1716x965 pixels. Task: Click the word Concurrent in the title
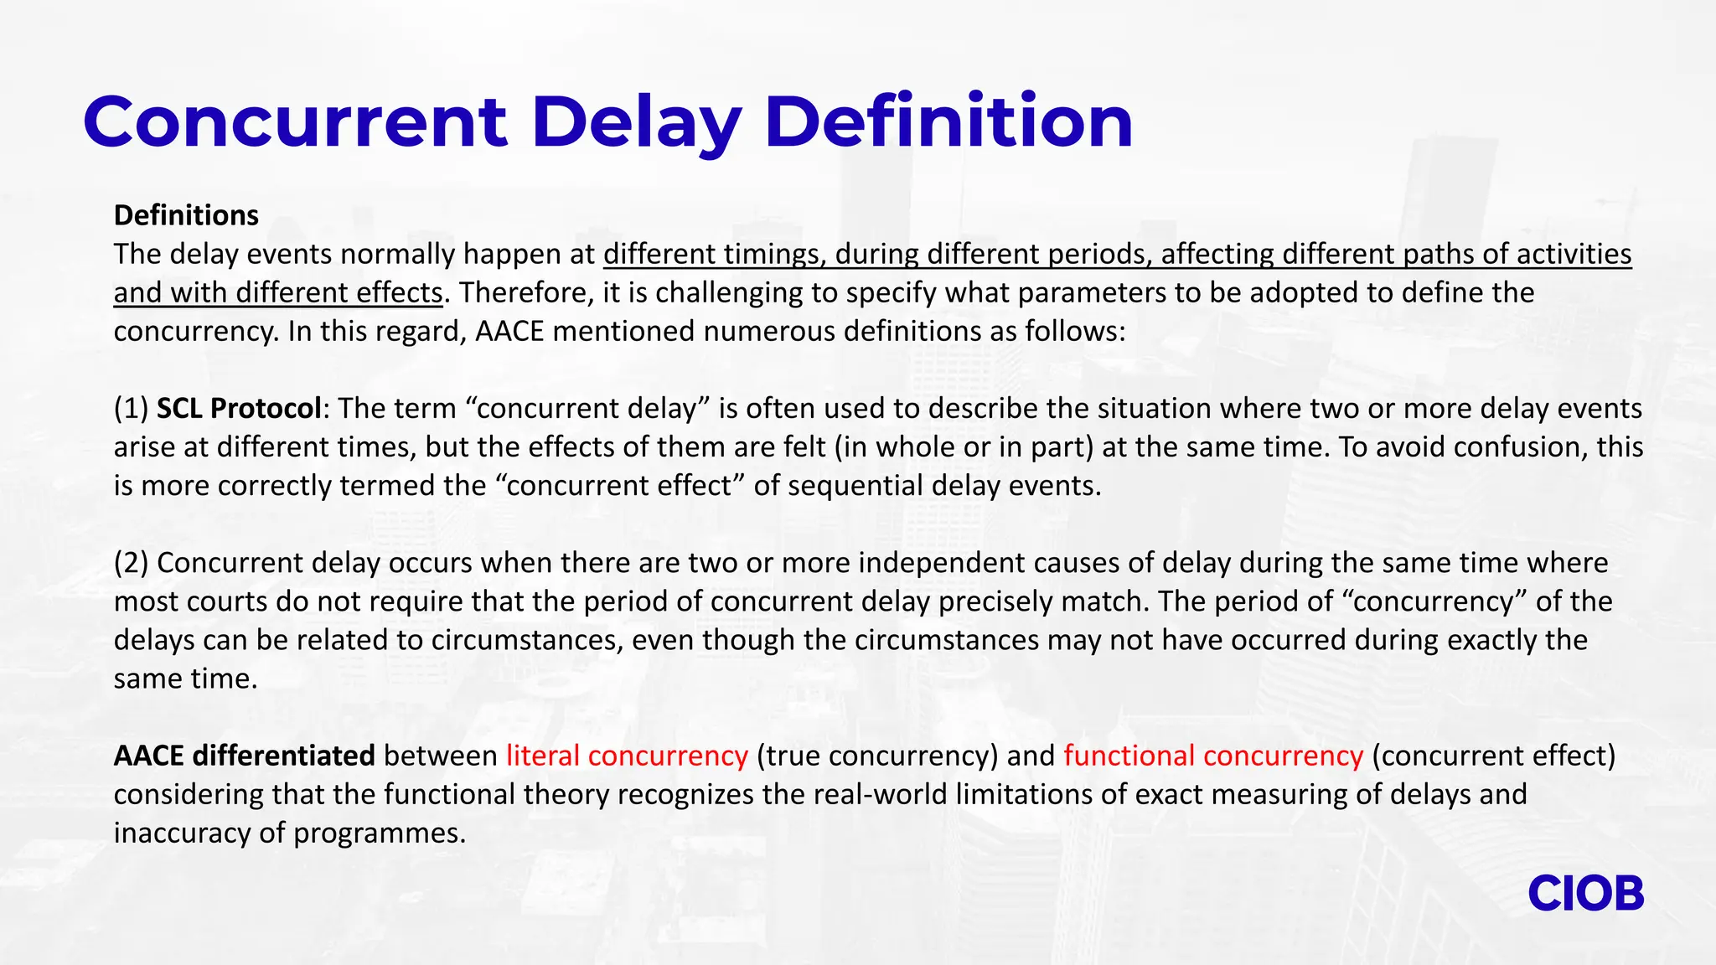pos(295,122)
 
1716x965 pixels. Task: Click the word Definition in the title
pos(948,122)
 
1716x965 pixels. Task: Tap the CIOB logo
pos(1585,894)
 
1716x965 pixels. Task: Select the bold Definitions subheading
pos(186,215)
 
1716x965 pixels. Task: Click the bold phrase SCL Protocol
pos(239,408)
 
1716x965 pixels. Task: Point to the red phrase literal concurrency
pos(627,756)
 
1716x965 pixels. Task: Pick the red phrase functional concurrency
pos(1213,756)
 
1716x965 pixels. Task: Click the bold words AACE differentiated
pos(244,756)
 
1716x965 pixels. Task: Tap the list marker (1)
pos(132,408)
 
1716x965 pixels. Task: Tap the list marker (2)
pos(132,563)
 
